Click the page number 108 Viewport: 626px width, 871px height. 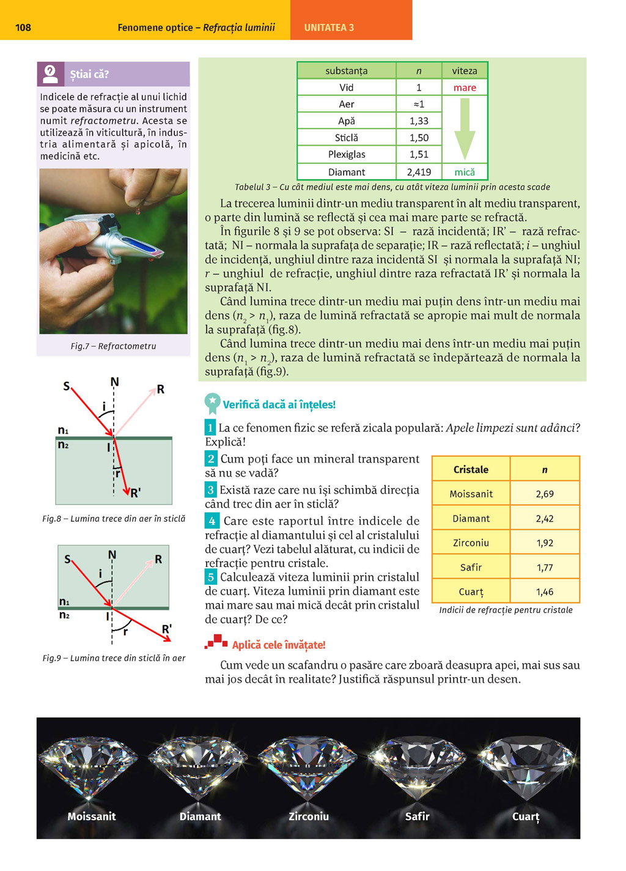(x=23, y=28)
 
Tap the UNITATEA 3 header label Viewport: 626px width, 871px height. (x=329, y=28)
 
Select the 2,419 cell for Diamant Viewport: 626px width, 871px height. (x=419, y=172)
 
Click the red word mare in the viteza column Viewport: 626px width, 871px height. (x=465, y=87)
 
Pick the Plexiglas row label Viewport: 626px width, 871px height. (x=347, y=154)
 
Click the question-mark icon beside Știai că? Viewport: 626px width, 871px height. (x=50, y=74)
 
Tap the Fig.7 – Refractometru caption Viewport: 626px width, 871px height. (x=113, y=346)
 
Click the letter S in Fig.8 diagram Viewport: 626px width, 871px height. (x=67, y=386)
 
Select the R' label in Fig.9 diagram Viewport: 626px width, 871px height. (x=167, y=629)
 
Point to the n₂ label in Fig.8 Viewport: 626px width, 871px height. (x=63, y=445)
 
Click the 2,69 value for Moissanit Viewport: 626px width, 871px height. (x=544, y=494)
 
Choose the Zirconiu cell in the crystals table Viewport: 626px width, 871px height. (x=471, y=543)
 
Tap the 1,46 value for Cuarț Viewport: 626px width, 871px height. (x=544, y=591)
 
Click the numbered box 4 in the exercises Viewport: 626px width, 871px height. (x=212, y=521)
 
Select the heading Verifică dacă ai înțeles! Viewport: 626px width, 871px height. (x=279, y=404)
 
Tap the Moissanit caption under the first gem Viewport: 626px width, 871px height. (x=92, y=816)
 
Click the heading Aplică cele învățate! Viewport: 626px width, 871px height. (x=278, y=645)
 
